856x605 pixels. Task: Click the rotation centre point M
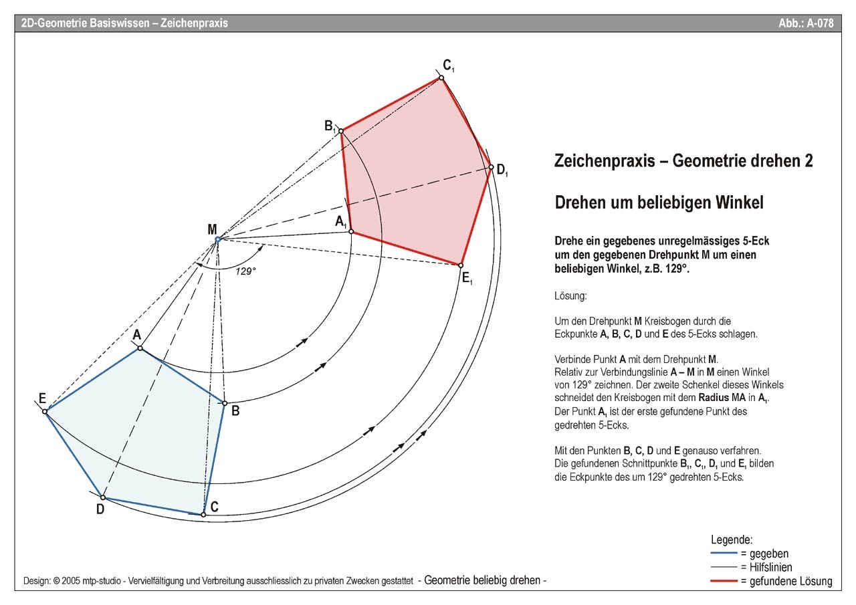pos(217,239)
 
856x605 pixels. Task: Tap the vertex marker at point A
pos(140,348)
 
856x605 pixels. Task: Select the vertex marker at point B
pos(225,403)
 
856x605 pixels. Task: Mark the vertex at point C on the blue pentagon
pos(203,514)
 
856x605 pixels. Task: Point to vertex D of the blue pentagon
pos(102,497)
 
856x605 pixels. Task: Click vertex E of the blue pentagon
pos(45,411)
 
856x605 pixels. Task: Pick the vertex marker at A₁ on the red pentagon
pos(352,232)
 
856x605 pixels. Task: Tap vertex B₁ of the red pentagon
pos(341,131)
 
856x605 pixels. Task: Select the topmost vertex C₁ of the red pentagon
pos(441,78)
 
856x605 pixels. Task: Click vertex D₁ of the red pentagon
pos(490,167)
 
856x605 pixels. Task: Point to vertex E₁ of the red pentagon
pos(460,265)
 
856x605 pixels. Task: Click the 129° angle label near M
pos(246,271)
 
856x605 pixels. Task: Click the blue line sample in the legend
pos(724,554)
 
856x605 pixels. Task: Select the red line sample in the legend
pos(724,581)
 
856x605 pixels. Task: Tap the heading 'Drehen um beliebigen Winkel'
pos(659,202)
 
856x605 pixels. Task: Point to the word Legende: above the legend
pos(732,539)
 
